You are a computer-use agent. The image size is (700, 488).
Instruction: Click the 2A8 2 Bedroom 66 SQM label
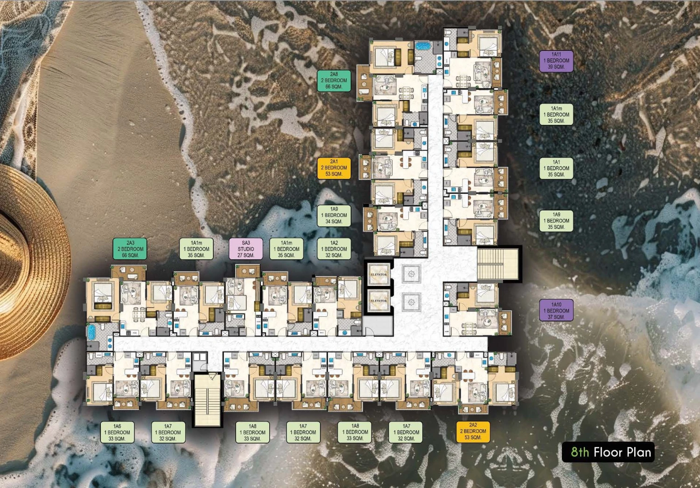coord(334,81)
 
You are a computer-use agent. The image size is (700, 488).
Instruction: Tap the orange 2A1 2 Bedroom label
coord(334,168)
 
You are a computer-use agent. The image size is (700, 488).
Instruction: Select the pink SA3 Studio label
coord(246,249)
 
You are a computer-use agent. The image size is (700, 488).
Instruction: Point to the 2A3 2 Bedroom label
coord(130,249)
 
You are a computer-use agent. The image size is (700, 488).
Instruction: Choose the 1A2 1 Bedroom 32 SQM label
coord(334,249)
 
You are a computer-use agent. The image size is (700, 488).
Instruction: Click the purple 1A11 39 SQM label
coord(556,61)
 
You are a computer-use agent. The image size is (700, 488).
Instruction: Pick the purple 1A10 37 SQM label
coord(556,311)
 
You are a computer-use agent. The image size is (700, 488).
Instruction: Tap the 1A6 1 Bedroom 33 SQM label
coord(117,432)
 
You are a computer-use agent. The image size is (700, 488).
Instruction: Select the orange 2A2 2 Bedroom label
coord(473,432)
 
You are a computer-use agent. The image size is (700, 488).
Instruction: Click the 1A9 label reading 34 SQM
coord(334,216)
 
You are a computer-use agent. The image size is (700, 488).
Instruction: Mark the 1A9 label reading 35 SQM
coord(556,221)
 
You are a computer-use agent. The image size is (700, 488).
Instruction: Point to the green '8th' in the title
coord(580,452)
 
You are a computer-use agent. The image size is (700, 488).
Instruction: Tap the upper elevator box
coord(379,274)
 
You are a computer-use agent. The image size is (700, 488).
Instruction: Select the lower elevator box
coord(379,301)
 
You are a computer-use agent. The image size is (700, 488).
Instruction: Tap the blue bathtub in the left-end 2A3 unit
coord(91,333)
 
